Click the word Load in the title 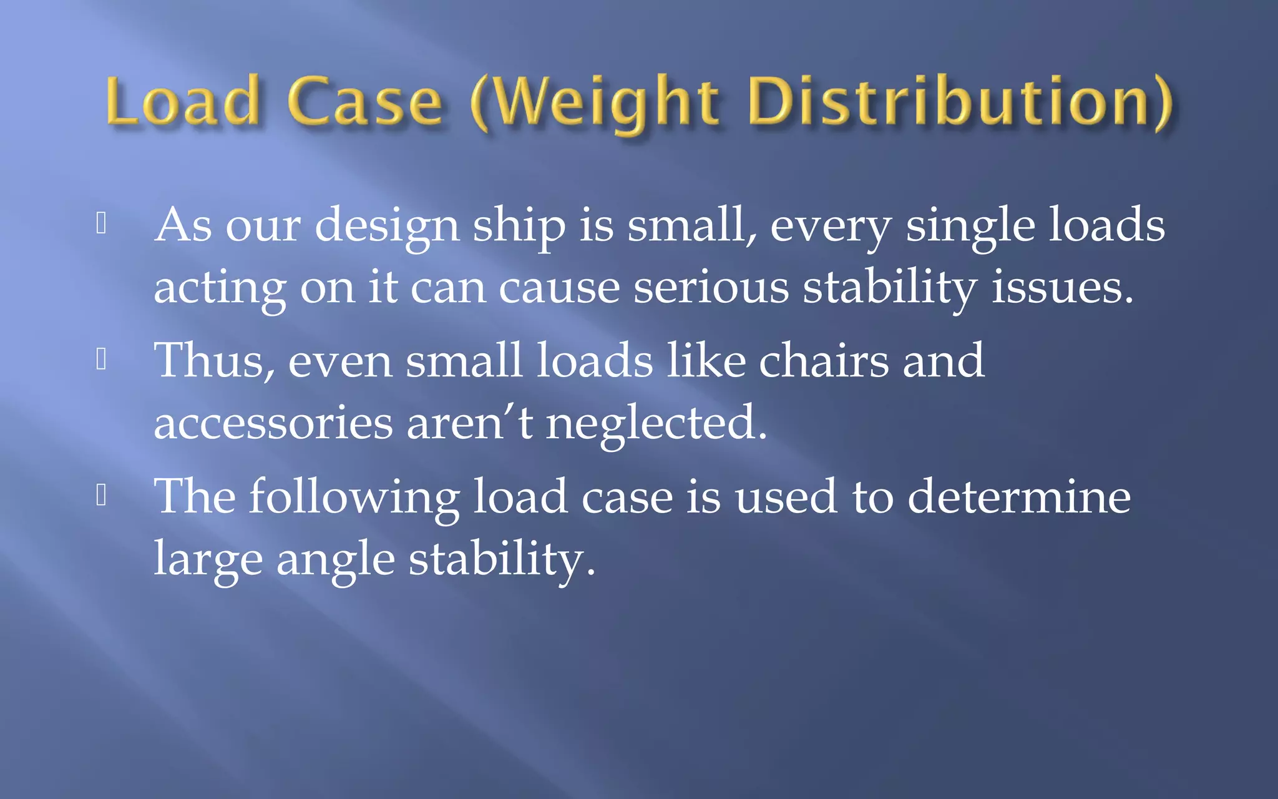point(182,101)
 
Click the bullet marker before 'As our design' point(102,223)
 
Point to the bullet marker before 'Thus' point(102,360)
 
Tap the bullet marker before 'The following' point(102,495)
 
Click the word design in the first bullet point(387,226)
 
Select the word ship point(519,226)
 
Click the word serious point(711,288)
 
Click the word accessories point(273,423)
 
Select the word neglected point(656,423)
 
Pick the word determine point(1019,497)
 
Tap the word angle point(335,560)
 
